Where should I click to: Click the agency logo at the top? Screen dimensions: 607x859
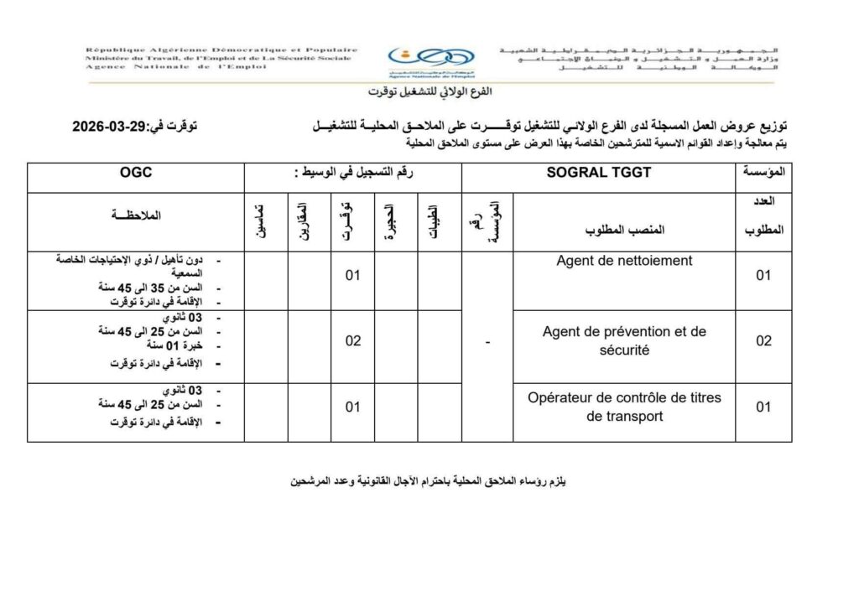point(429,60)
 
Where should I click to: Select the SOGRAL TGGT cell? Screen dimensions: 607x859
point(598,174)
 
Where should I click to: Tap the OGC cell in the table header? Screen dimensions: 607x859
point(135,174)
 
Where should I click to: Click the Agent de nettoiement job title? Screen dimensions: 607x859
point(624,261)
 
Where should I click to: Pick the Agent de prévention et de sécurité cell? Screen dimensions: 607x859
point(624,341)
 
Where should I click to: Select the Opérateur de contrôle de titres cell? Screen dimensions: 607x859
point(624,407)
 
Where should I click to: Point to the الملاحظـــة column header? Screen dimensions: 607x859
point(135,215)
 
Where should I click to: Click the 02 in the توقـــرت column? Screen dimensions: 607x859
point(353,341)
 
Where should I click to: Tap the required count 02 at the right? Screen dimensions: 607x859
point(763,341)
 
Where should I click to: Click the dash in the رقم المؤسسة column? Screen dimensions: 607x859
point(487,341)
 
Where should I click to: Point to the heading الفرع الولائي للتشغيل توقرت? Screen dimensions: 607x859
point(429,91)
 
